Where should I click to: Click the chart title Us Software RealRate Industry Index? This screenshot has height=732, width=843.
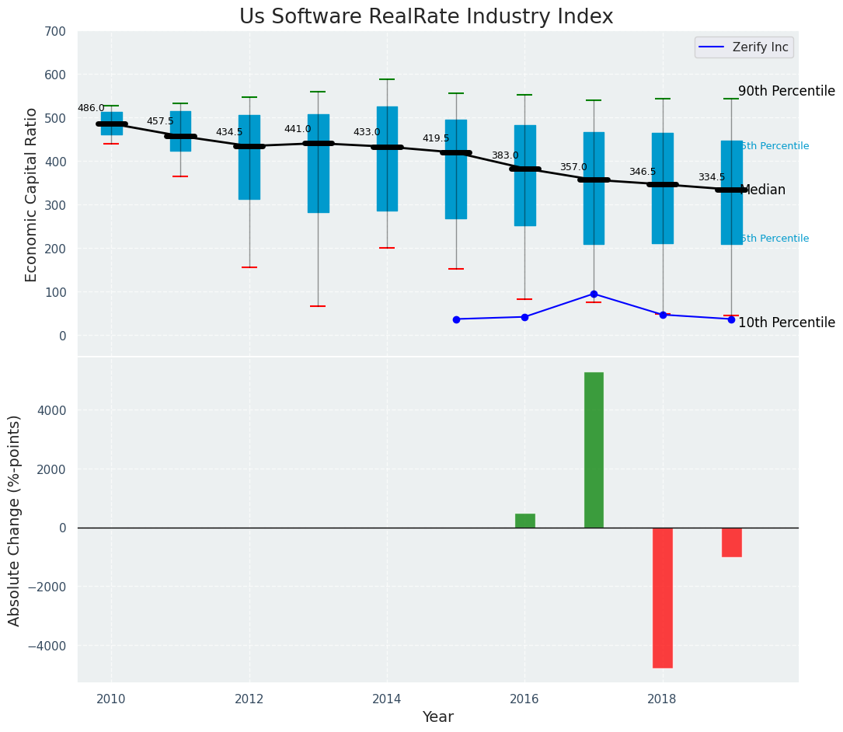point(426,17)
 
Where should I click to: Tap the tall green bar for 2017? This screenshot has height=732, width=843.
point(594,450)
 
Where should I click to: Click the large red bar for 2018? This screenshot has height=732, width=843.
point(662,598)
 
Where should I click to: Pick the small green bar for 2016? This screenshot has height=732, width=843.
point(524,521)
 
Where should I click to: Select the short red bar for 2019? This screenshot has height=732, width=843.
point(731,542)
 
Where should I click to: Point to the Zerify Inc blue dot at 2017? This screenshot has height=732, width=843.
point(594,294)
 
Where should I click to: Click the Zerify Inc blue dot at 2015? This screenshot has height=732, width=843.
point(456,319)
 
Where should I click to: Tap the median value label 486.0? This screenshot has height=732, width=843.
point(91,109)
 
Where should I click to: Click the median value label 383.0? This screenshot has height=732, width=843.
point(504,156)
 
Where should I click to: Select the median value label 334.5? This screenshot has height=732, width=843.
point(711,178)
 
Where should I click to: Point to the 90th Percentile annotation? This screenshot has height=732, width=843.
point(786,91)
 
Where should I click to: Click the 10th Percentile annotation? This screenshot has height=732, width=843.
point(786,322)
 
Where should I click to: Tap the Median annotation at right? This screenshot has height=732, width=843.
point(763,190)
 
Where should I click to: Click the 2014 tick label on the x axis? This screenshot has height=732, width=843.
point(387,699)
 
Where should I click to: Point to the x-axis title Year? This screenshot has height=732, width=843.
point(437,717)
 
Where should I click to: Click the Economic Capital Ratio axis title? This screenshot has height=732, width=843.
point(32,194)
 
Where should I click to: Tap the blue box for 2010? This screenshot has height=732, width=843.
point(111,124)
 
